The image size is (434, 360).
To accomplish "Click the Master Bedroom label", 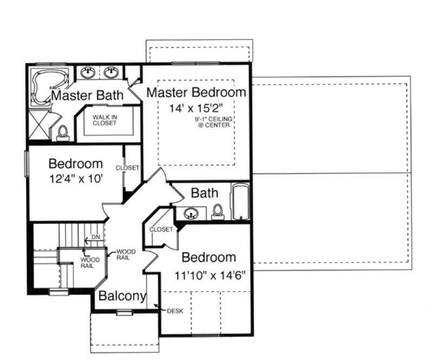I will [196, 92].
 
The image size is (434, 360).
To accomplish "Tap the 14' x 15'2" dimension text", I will [196, 108].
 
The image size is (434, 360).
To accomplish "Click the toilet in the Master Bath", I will [62, 132].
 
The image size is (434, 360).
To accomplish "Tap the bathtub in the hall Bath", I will [239, 203].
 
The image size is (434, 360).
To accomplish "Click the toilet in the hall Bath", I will [218, 211].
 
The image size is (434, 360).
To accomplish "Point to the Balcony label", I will [122, 296].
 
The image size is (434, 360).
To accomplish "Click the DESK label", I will [175, 311].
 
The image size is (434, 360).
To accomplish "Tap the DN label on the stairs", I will [95, 237].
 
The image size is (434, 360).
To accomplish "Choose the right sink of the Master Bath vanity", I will [112, 72].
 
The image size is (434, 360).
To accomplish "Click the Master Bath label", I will [87, 96].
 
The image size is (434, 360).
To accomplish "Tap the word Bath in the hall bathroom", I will [204, 192].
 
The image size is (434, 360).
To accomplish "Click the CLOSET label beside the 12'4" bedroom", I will [127, 168].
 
